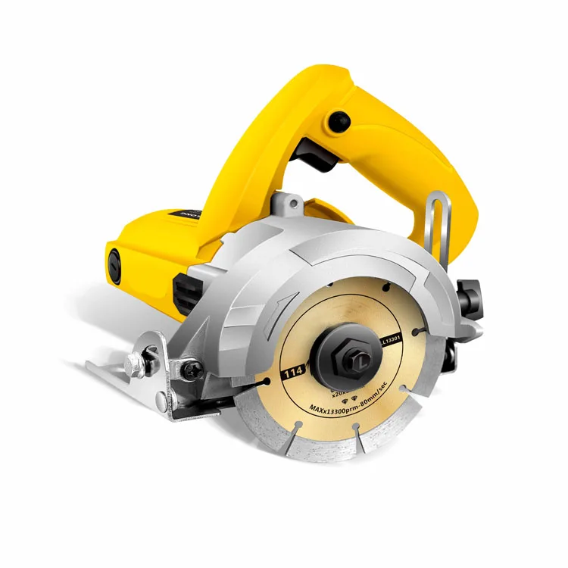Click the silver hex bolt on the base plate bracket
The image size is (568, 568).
click(136, 364)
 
